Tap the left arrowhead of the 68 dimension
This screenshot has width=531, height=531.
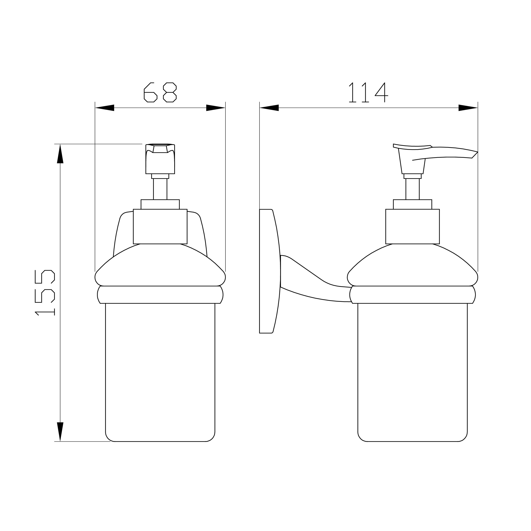point(105,108)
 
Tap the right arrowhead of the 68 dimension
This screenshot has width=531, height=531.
point(216,108)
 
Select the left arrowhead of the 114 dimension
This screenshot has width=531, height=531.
point(269,108)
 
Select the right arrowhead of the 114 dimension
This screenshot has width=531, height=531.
point(468,108)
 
